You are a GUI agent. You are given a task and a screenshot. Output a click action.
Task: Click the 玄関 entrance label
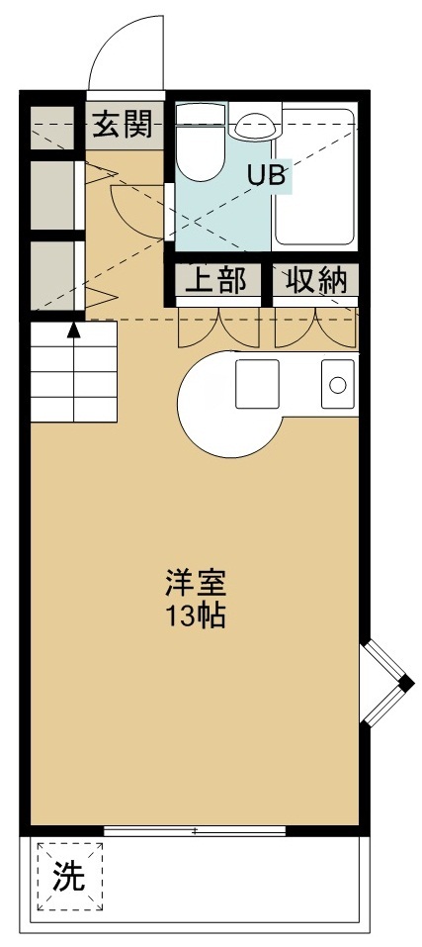point(124,125)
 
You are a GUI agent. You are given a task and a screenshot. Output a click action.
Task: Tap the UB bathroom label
point(267,177)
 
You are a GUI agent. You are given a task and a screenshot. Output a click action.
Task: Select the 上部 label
point(216,281)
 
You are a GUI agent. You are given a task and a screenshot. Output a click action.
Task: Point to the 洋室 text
point(196,583)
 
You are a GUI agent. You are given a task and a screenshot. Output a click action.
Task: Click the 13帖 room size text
point(196,616)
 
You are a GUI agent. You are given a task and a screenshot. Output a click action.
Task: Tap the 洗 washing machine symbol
point(69,875)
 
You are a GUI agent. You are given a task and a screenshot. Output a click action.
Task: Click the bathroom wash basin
point(255,126)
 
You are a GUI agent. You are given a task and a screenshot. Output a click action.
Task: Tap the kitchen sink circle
point(338,384)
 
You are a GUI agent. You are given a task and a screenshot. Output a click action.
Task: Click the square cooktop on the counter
point(258,384)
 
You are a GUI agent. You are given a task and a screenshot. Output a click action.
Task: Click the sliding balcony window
point(195,830)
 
